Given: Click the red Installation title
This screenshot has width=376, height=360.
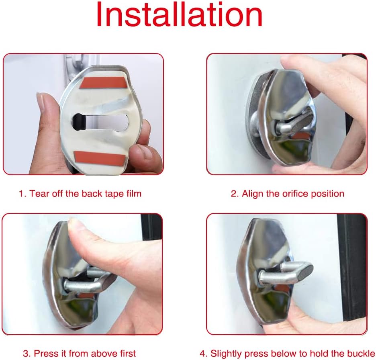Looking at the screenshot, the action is pyautogui.click(x=180, y=14).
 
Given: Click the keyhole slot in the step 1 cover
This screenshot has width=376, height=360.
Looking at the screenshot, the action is pyautogui.click(x=100, y=122).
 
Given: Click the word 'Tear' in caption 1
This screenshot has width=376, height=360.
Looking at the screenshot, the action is pyautogui.click(x=39, y=194).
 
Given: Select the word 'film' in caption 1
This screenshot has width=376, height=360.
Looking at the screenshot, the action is pyautogui.click(x=134, y=194).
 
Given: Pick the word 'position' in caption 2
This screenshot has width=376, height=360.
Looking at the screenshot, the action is pyautogui.click(x=327, y=194).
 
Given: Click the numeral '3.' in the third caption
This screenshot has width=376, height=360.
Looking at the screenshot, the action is pyautogui.click(x=27, y=354).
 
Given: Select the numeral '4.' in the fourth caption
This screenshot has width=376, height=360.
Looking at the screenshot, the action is pyautogui.click(x=204, y=354).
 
